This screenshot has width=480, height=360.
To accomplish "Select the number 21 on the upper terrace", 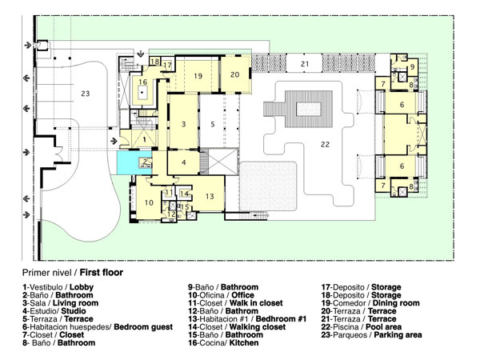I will point(305,62).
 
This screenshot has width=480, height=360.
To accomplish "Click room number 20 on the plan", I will point(235,74).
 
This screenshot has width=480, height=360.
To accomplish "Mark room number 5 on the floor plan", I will point(213,124).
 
